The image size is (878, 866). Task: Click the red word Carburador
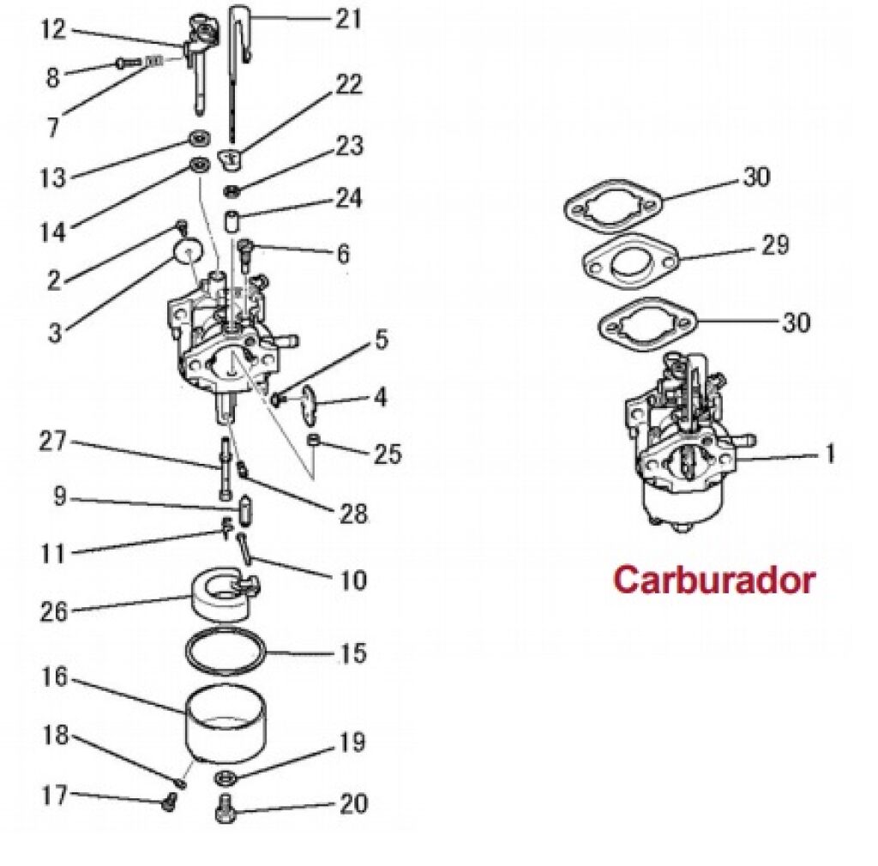pos(713,580)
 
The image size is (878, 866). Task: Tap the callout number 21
pos(348,18)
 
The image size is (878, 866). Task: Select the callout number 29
pos(774,245)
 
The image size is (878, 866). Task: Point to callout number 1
pos(829,454)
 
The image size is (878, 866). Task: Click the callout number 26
pos(54,612)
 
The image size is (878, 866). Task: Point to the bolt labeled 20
pos(226,807)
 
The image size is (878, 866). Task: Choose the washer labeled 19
pos(226,778)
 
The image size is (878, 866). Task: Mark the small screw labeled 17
pos(169,803)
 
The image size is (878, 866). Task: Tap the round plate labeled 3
pos(187,251)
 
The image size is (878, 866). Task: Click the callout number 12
pos(53,30)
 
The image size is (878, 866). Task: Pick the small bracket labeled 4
pos(309,402)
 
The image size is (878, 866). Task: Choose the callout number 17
pos(53,795)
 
